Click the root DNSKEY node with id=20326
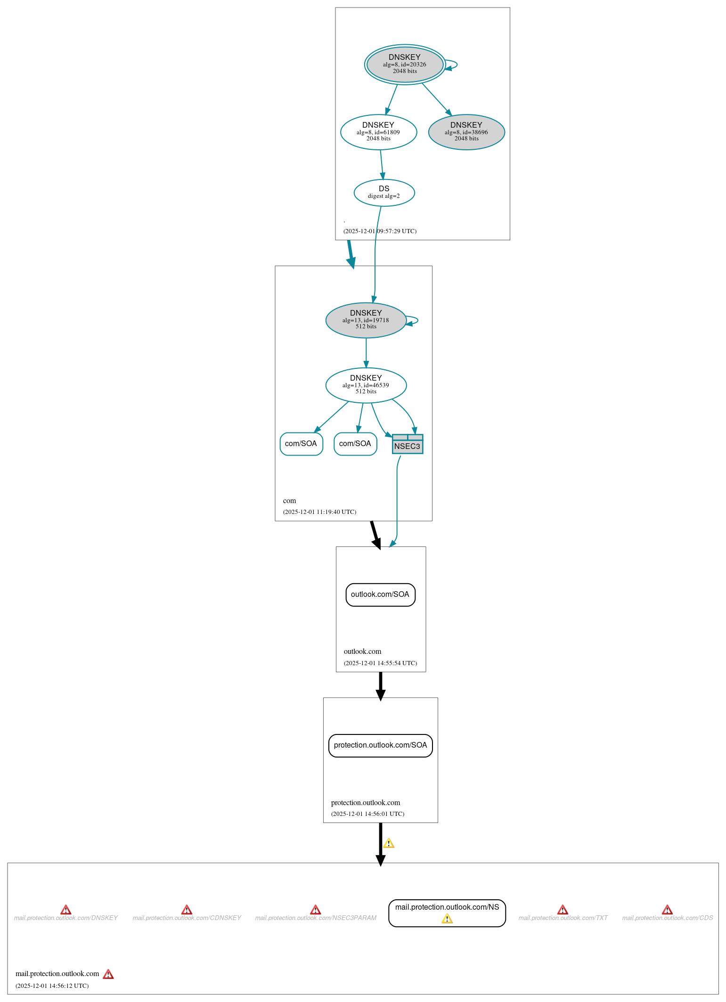405,65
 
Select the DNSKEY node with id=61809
378,132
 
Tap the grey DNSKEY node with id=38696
466,132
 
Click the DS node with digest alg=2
384,192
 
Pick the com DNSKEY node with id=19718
366,320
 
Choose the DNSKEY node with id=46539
366,385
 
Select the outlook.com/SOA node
380,595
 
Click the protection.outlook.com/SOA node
380,745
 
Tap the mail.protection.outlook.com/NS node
447,907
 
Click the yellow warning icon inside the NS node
447,919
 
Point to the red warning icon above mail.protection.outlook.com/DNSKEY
66,910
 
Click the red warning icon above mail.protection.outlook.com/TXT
563,910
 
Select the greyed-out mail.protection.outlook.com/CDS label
667,918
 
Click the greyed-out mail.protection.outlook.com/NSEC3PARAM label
316,918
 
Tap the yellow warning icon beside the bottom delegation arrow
389,843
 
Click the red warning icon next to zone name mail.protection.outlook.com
108,974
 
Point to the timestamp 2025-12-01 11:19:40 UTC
319,512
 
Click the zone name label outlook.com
362,652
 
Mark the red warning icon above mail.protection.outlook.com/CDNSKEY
187,910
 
